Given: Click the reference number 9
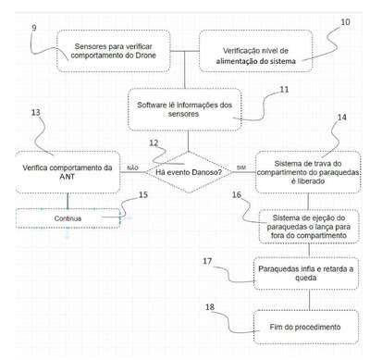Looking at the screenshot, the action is tap(34, 28).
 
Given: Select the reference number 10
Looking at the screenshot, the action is tap(345, 22).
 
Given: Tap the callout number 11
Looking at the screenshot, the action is tap(284, 90).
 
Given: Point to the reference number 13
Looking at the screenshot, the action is tap(36, 112).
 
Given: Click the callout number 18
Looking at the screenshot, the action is tap(210, 307).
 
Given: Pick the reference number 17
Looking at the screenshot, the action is tap(207, 261).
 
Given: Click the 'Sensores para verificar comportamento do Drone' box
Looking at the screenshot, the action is tap(113, 51).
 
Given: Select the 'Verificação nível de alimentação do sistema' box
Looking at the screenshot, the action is tap(255, 51).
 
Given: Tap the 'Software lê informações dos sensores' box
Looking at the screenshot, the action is tap(184, 109).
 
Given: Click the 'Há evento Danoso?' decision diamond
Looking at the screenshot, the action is tap(189, 172).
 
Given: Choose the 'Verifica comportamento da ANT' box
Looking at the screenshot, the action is tap(68, 172).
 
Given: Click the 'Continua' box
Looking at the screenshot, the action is tap(68, 218).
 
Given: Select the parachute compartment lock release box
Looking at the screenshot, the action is tap(308, 172).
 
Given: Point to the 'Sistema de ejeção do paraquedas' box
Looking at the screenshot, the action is tap(309, 227).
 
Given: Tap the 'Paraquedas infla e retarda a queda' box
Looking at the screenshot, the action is tap(306, 273).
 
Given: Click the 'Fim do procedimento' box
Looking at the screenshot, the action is tap(306, 327).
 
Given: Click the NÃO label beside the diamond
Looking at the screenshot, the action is tap(132, 168).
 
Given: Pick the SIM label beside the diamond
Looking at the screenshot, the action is tap(241, 168).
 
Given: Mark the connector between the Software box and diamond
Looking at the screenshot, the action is tap(188, 142).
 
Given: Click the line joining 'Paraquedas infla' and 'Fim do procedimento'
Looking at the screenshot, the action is tap(309, 300).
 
